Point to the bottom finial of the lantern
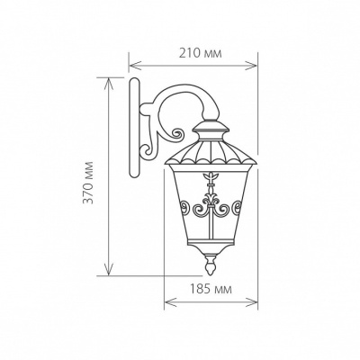pos(211,265)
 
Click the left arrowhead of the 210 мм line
pos(131,64)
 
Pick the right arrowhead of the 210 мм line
pos(256,64)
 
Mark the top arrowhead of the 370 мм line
pos(111,80)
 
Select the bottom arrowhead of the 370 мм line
pos(111,272)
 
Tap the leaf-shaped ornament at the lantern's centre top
pos(211,177)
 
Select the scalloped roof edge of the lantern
pos(211,162)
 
